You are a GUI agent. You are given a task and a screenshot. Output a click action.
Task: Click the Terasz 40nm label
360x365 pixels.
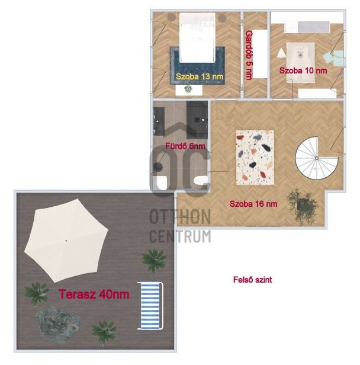pos(94,294)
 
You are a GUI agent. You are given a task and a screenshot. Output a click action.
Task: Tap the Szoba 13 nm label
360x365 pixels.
pos(200,76)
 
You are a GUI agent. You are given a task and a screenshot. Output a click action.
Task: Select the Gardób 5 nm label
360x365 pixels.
pos(249,55)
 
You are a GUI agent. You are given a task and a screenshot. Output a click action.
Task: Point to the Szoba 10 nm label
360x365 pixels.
pos(303,71)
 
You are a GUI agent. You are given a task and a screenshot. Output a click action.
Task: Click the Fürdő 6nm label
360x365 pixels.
pos(185,146)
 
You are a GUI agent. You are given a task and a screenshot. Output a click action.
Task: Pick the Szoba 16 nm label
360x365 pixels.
pos(253,204)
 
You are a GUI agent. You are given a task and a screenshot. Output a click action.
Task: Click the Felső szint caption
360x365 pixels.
pos(253,279)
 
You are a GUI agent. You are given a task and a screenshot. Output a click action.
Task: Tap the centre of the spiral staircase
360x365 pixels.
pos(317,158)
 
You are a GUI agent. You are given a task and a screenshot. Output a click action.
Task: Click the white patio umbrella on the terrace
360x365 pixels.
pos(66,240)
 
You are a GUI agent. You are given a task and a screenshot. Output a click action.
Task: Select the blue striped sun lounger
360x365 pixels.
pos(150,306)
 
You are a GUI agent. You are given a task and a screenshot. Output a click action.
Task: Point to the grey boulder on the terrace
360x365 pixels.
pos(57,324)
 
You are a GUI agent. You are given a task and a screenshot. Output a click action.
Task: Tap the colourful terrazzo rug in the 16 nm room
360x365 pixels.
pos(255,158)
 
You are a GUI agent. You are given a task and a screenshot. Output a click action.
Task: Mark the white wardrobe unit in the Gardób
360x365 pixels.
pos(260,54)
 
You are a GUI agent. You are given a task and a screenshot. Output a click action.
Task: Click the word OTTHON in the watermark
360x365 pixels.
pos(180,217)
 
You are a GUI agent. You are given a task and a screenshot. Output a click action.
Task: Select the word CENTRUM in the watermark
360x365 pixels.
pos(180,236)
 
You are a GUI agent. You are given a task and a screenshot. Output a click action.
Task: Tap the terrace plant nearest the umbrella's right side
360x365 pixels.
pos(154,261)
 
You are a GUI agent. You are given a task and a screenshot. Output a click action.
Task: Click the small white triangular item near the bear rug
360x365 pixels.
pos(281,53)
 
